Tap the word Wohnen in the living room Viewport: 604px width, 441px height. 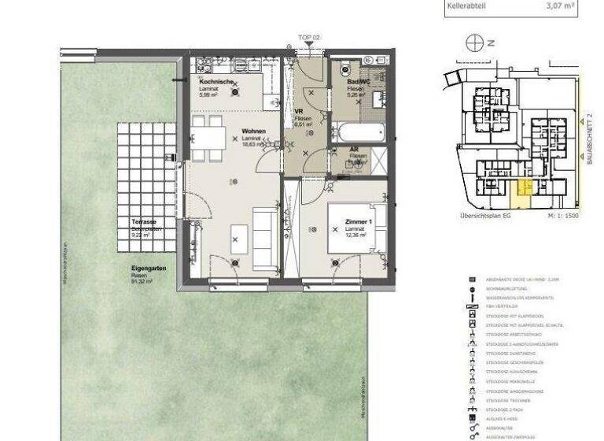click(253, 131)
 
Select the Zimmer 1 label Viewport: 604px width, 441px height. click(358, 223)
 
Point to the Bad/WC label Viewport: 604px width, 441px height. click(359, 82)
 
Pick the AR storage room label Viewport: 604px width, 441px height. click(355, 149)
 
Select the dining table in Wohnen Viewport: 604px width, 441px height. click(211, 139)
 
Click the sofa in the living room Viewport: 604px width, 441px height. click(263, 235)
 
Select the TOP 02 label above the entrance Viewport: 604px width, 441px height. click(309, 37)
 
